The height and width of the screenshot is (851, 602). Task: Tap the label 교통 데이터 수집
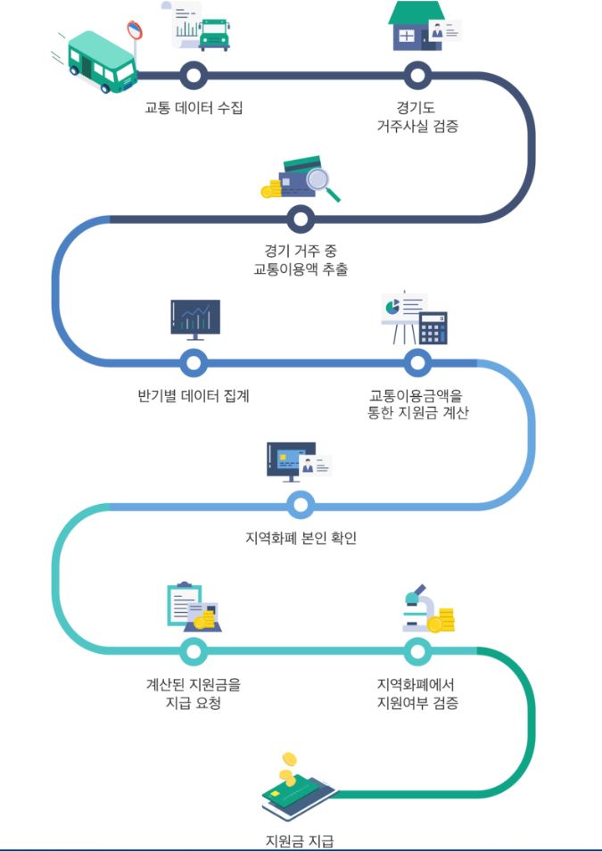point(194,108)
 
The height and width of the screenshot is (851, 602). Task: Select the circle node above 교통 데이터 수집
point(194,75)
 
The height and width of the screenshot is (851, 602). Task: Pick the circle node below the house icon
point(416,75)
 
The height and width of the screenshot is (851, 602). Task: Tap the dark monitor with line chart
point(194,318)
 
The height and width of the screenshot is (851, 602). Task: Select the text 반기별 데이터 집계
point(187,395)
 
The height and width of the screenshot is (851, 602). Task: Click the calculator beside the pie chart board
point(433,328)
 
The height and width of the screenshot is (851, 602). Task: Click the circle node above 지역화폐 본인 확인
point(301,506)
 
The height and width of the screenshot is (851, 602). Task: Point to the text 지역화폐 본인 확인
point(301,538)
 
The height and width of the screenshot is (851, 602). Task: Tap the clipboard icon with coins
point(189,607)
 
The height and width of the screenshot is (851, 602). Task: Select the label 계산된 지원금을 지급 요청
point(194,693)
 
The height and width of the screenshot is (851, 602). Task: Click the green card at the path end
point(297,794)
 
